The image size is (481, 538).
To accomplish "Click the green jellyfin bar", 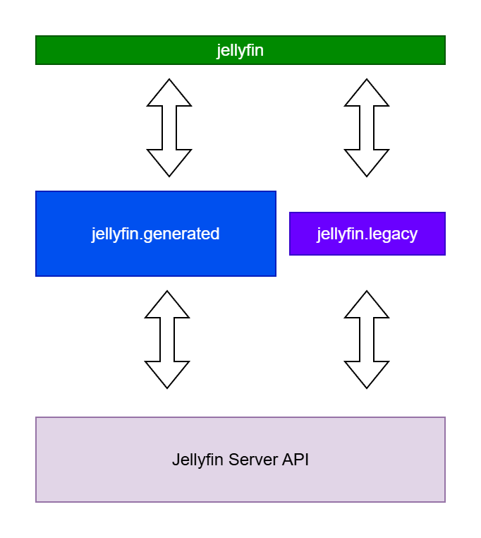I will click(240, 50).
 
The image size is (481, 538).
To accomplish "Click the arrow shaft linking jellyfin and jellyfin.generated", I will click(169, 128).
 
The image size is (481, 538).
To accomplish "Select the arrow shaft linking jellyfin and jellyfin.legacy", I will click(367, 128).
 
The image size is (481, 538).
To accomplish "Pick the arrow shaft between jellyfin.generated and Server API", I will click(167, 340).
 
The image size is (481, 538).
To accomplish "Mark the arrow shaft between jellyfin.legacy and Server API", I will click(367, 340).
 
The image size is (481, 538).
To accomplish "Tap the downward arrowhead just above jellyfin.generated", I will click(169, 163).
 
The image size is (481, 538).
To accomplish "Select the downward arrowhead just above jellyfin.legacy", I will click(367, 163).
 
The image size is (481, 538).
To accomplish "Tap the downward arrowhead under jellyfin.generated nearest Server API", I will click(167, 375).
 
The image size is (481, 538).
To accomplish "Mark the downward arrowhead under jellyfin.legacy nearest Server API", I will click(367, 375).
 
